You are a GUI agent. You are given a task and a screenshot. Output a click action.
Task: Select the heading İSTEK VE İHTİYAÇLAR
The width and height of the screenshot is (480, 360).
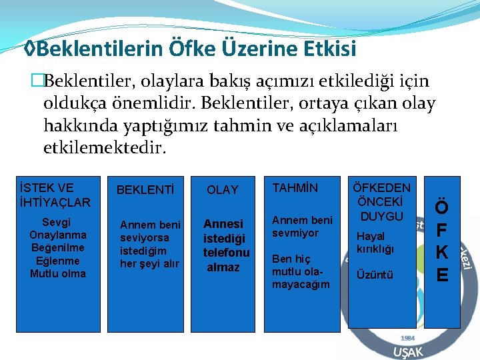coord(55,194)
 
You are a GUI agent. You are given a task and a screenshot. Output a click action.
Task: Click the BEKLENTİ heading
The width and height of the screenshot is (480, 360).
coord(145,190)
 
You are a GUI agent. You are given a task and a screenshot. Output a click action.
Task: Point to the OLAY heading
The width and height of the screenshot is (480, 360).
coord(222,190)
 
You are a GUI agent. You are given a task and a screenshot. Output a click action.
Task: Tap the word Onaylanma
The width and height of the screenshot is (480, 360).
coord(58,235)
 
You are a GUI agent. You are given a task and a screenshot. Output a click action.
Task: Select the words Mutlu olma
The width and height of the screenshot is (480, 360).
coord(58,273)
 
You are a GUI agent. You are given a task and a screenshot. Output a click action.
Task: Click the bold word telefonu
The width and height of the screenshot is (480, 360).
coord(227,253)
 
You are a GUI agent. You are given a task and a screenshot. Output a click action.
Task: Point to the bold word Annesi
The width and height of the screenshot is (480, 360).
coord(223,224)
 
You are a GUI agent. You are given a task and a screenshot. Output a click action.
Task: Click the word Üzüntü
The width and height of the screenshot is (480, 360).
coord(375,275)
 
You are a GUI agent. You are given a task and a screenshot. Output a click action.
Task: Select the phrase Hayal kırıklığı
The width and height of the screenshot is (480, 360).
coord(375,243)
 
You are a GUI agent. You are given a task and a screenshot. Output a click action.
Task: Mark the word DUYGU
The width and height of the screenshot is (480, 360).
coord(381,216)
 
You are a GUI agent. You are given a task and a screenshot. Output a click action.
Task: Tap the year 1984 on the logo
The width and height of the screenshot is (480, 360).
coord(407,338)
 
